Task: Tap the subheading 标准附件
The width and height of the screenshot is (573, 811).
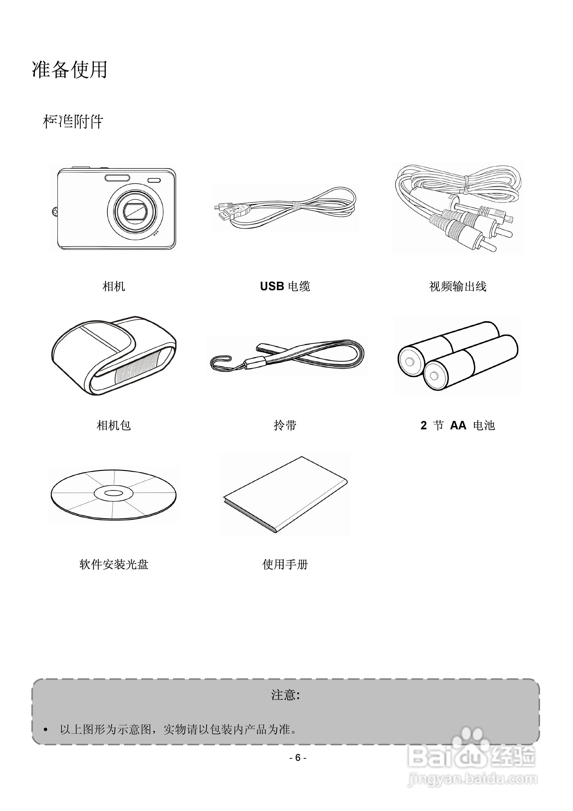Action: click(x=73, y=122)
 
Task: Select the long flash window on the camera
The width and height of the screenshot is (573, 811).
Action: click(x=117, y=178)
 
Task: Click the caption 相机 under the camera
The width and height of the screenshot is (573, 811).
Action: click(x=113, y=286)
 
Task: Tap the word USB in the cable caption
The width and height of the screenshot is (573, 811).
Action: click(x=272, y=286)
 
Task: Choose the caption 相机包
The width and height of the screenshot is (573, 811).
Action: click(x=113, y=425)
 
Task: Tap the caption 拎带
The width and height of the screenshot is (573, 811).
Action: click(x=285, y=425)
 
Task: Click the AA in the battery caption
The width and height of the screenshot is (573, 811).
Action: click(x=458, y=425)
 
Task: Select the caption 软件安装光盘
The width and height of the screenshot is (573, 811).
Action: click(x=113, y=564)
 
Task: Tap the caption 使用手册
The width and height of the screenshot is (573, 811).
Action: click(x=285, y=564)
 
